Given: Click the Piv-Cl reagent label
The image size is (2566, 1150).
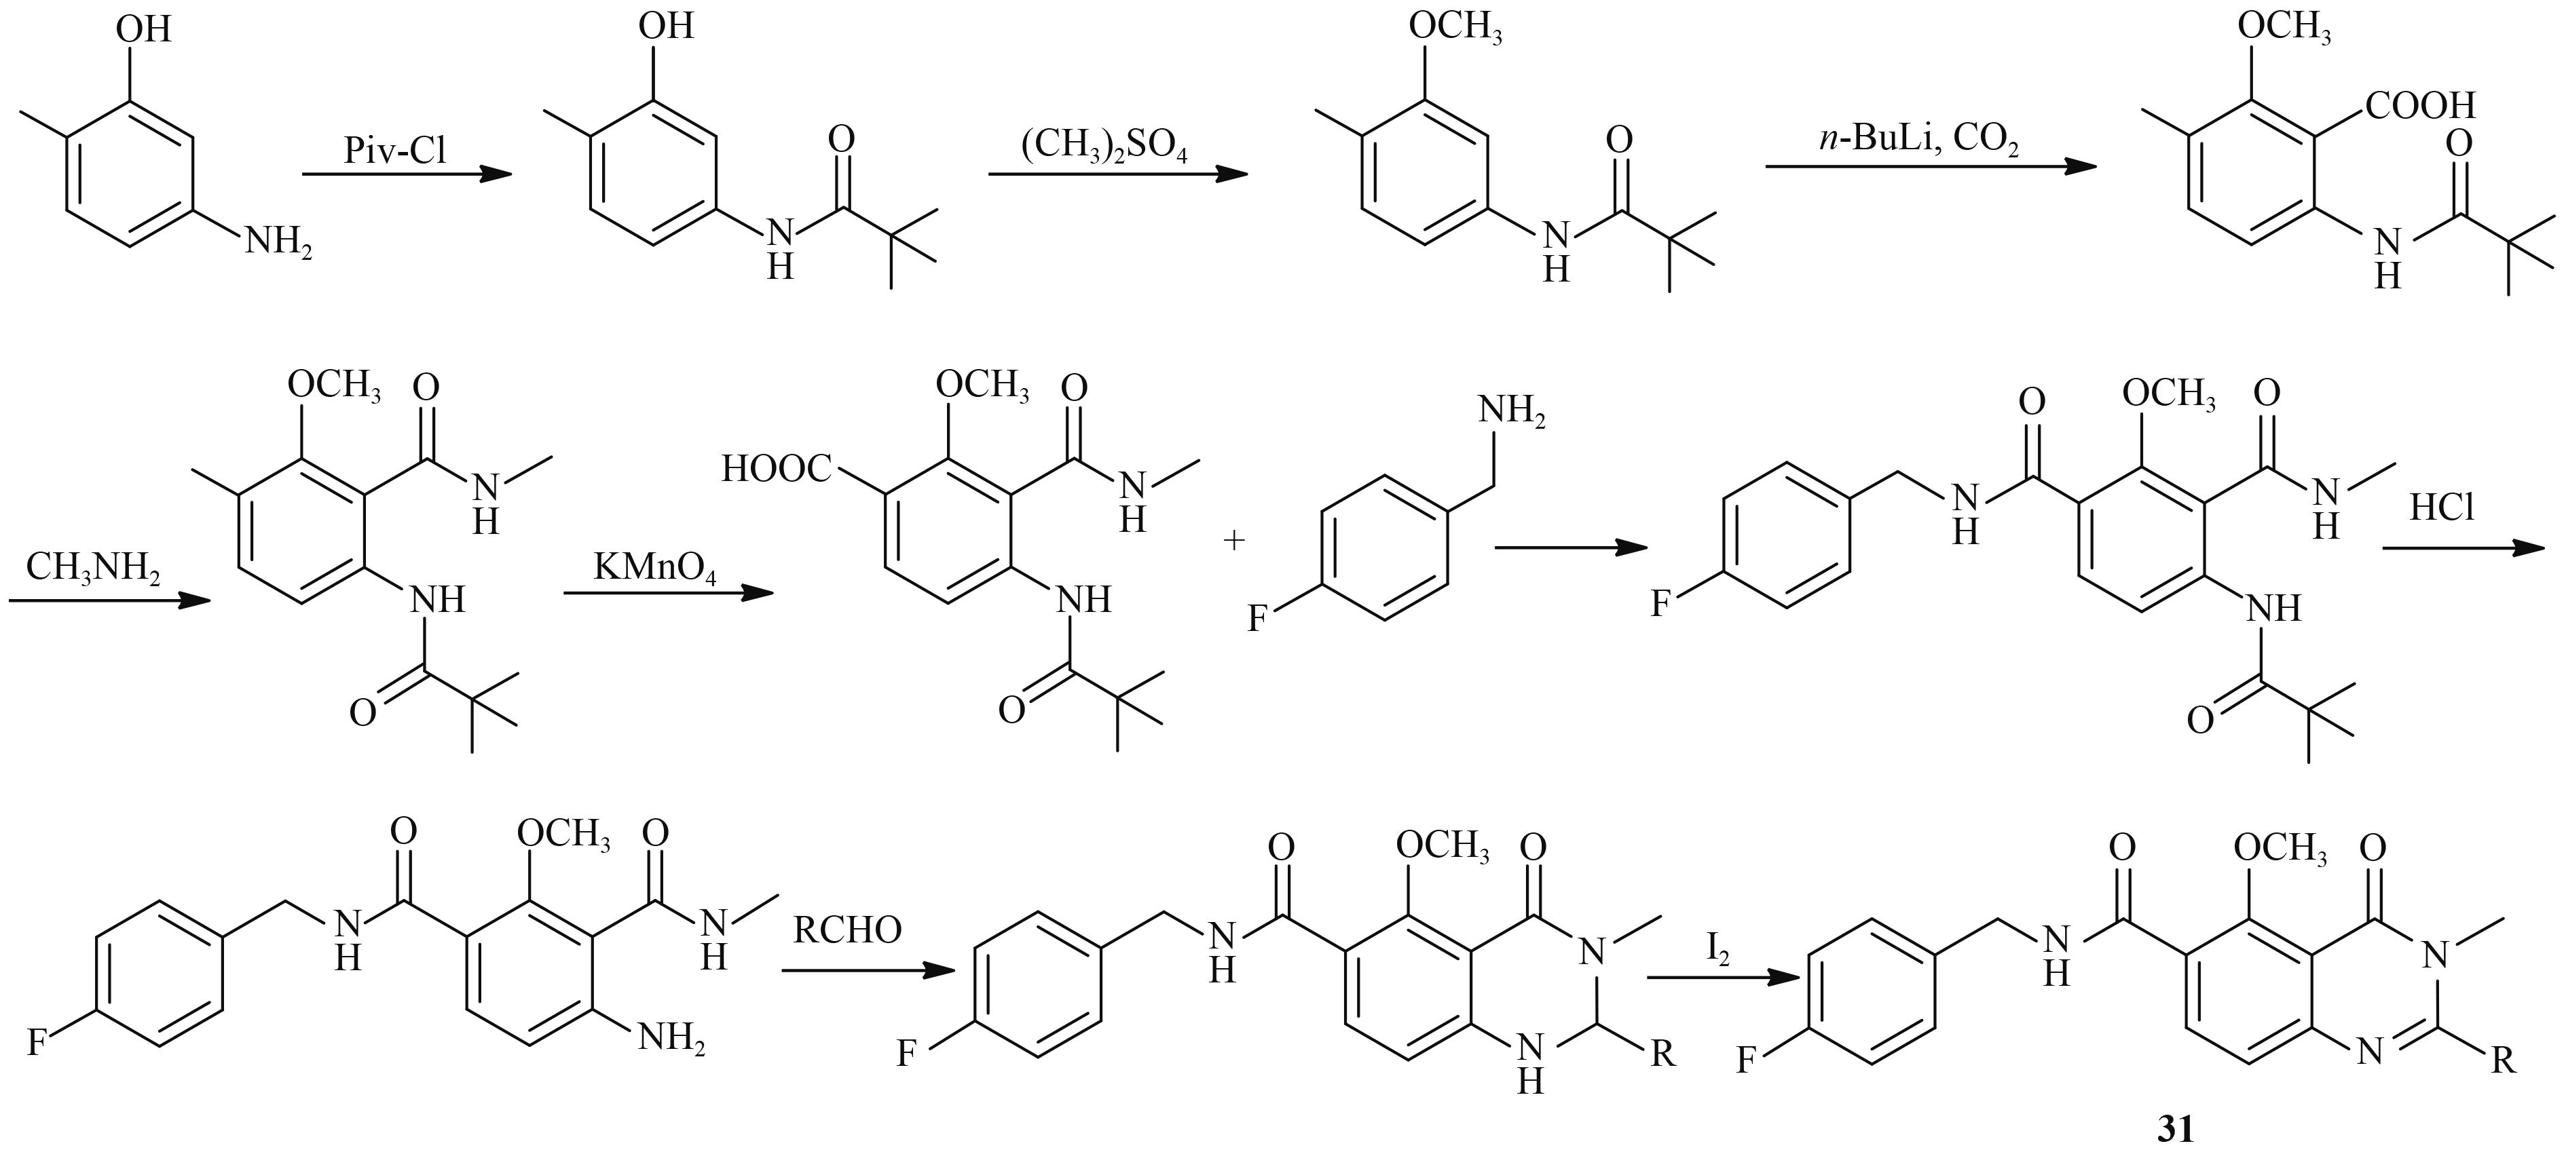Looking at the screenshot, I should [x=396, y=151].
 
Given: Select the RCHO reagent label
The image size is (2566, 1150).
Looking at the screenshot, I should [x=848, y=931].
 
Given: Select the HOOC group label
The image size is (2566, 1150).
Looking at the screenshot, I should [x=776, y=468].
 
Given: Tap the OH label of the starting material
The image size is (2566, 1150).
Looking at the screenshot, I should [x=143, y=29].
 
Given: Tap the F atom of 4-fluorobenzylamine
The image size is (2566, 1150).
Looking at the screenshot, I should [x=1257, y=620].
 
